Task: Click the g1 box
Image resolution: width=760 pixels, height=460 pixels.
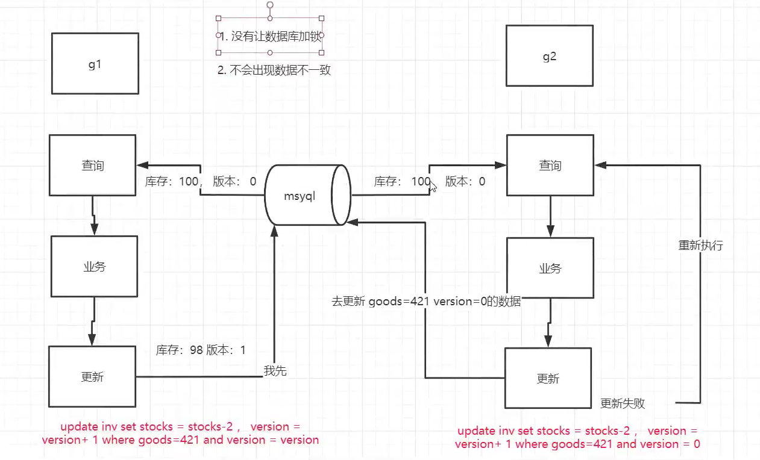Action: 95,63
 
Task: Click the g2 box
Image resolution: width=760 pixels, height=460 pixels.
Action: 549,55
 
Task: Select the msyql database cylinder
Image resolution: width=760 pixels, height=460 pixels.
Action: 308,195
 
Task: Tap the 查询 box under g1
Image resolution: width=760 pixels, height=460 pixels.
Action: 92,165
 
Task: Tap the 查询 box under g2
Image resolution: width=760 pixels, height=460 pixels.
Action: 549,165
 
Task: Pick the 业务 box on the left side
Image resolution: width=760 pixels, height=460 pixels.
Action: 94,266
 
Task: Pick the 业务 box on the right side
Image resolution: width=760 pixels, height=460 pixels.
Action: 549,268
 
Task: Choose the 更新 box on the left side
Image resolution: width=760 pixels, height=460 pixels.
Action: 92,376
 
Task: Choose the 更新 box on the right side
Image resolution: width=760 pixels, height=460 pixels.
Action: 547,378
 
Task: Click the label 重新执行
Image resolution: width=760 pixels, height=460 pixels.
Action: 700,246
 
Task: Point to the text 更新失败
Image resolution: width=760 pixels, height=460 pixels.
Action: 623,403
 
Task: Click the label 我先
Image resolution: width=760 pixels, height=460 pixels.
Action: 275,371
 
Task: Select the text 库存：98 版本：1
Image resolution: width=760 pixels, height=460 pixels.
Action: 201,350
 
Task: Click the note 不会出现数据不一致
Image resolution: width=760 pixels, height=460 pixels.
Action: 274,70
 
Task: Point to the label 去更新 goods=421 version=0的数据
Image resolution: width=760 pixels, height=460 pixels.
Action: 426,301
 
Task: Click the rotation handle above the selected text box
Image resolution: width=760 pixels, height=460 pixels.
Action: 270,5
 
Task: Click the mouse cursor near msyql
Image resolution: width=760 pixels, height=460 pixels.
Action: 433,185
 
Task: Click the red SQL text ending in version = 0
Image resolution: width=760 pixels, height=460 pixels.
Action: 577,438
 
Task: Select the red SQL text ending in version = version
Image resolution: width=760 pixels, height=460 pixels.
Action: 180,433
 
